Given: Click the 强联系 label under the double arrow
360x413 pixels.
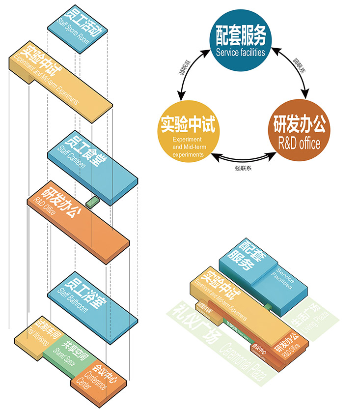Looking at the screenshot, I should pyautogui.click(x=244, y=169).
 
